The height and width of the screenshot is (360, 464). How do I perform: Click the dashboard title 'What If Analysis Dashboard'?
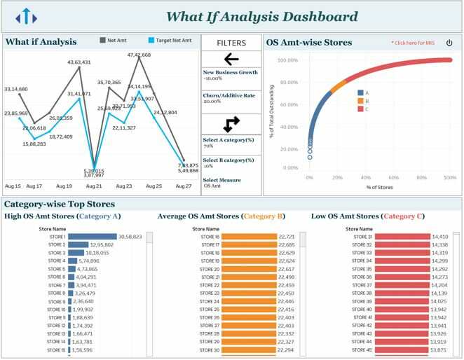261,17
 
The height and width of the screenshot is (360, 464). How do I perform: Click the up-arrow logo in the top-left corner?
26,16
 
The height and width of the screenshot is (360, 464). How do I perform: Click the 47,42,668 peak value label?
139,55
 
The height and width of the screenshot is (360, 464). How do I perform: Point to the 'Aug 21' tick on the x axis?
94,186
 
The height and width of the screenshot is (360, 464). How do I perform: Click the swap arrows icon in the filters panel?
231,124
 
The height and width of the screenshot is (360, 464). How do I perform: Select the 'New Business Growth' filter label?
230,72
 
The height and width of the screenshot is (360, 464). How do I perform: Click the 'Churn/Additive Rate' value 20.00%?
212,102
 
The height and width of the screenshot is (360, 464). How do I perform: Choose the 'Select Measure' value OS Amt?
212,186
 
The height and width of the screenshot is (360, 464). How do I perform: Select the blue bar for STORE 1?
93,237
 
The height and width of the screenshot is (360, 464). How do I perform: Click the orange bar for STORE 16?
249,237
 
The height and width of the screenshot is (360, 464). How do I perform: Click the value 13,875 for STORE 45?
439,350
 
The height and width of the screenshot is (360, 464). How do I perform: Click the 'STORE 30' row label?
209,350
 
